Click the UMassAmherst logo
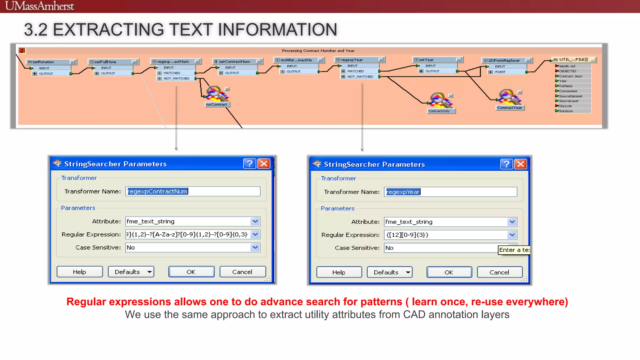40,6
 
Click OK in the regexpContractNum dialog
191,272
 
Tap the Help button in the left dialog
79,272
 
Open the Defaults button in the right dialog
389,272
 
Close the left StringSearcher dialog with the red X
264,163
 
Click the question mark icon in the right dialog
506,164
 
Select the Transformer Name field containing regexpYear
450,192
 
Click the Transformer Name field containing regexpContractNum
192,191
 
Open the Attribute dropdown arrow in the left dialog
255,221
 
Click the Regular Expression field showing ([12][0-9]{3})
445,235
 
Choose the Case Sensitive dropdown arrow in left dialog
255,247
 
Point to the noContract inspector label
217,104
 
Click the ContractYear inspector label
509,108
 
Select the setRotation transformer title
43,62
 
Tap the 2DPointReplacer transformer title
504,60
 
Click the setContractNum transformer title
234,62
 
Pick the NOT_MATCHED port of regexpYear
360,77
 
